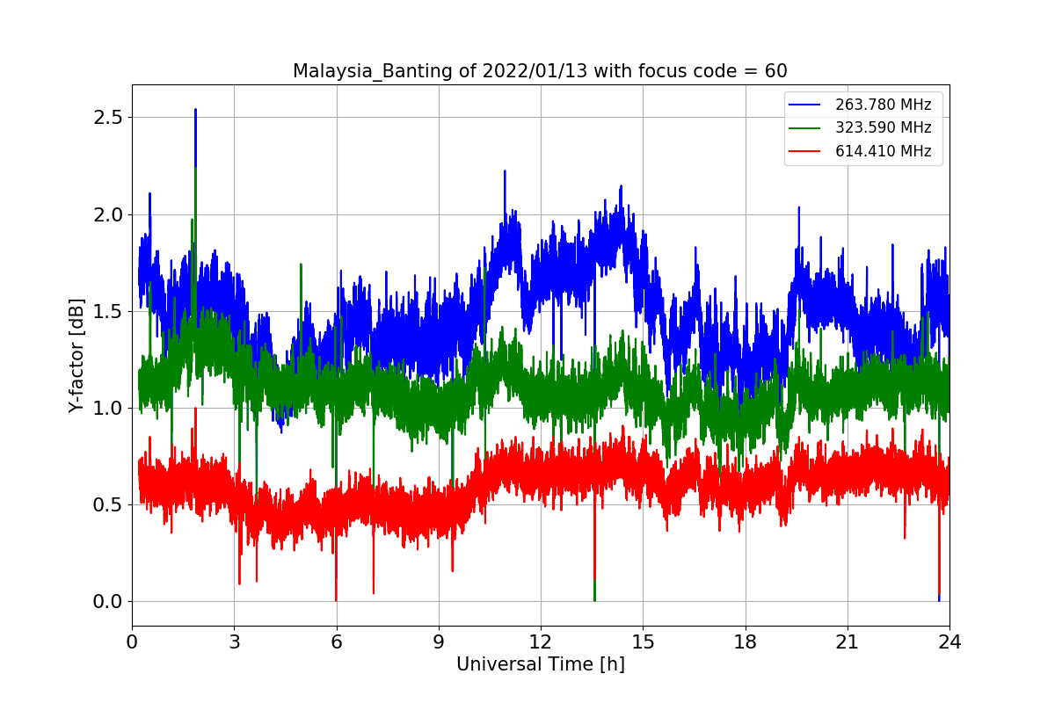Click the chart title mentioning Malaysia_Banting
coord(540,71)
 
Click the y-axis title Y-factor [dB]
coord(76,356)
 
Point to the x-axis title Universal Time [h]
coord(540,664)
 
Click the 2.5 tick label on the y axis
coord(111,118)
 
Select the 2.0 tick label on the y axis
coord(111,214)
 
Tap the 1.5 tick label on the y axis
coord(111,311)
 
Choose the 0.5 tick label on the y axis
coord(111,504)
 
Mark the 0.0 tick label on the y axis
coord(111,601)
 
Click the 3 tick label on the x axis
coord(234,641)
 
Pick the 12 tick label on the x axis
coord(541,641)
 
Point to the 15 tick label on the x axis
coord(643,641)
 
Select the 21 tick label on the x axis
coord(847,641)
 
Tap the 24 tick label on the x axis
coord(949,641)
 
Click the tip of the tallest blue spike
coord(195,109)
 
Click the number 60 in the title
coord(775,71)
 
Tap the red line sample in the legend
coord(805,150)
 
